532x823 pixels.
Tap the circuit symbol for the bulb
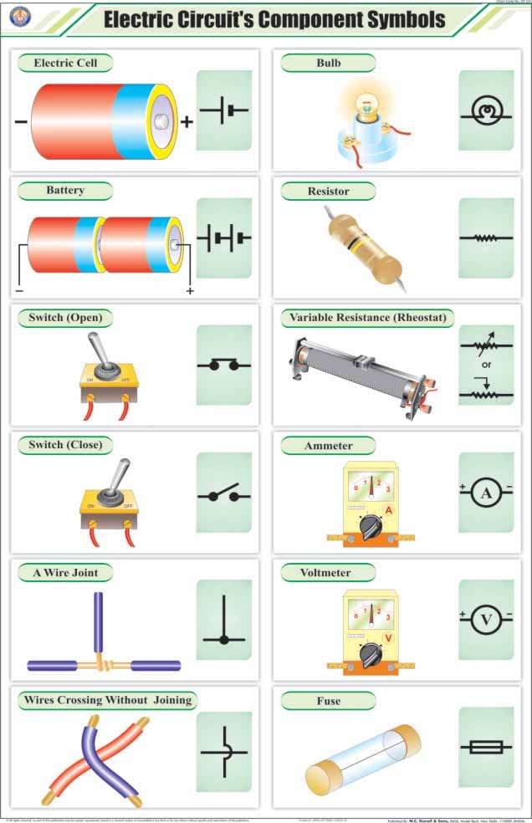point(486,110)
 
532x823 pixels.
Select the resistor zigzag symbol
point(486,238)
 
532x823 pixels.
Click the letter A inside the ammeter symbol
point(486,493)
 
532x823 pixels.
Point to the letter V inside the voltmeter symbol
point(486,620)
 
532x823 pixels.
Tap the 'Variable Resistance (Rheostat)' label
point(368,318)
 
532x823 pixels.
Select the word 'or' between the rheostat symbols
point(485,365)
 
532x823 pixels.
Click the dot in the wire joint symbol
point(223,640)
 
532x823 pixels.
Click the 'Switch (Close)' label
point(65,445)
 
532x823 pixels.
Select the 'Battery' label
point(65,191)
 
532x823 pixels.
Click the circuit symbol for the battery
point(223,238)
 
